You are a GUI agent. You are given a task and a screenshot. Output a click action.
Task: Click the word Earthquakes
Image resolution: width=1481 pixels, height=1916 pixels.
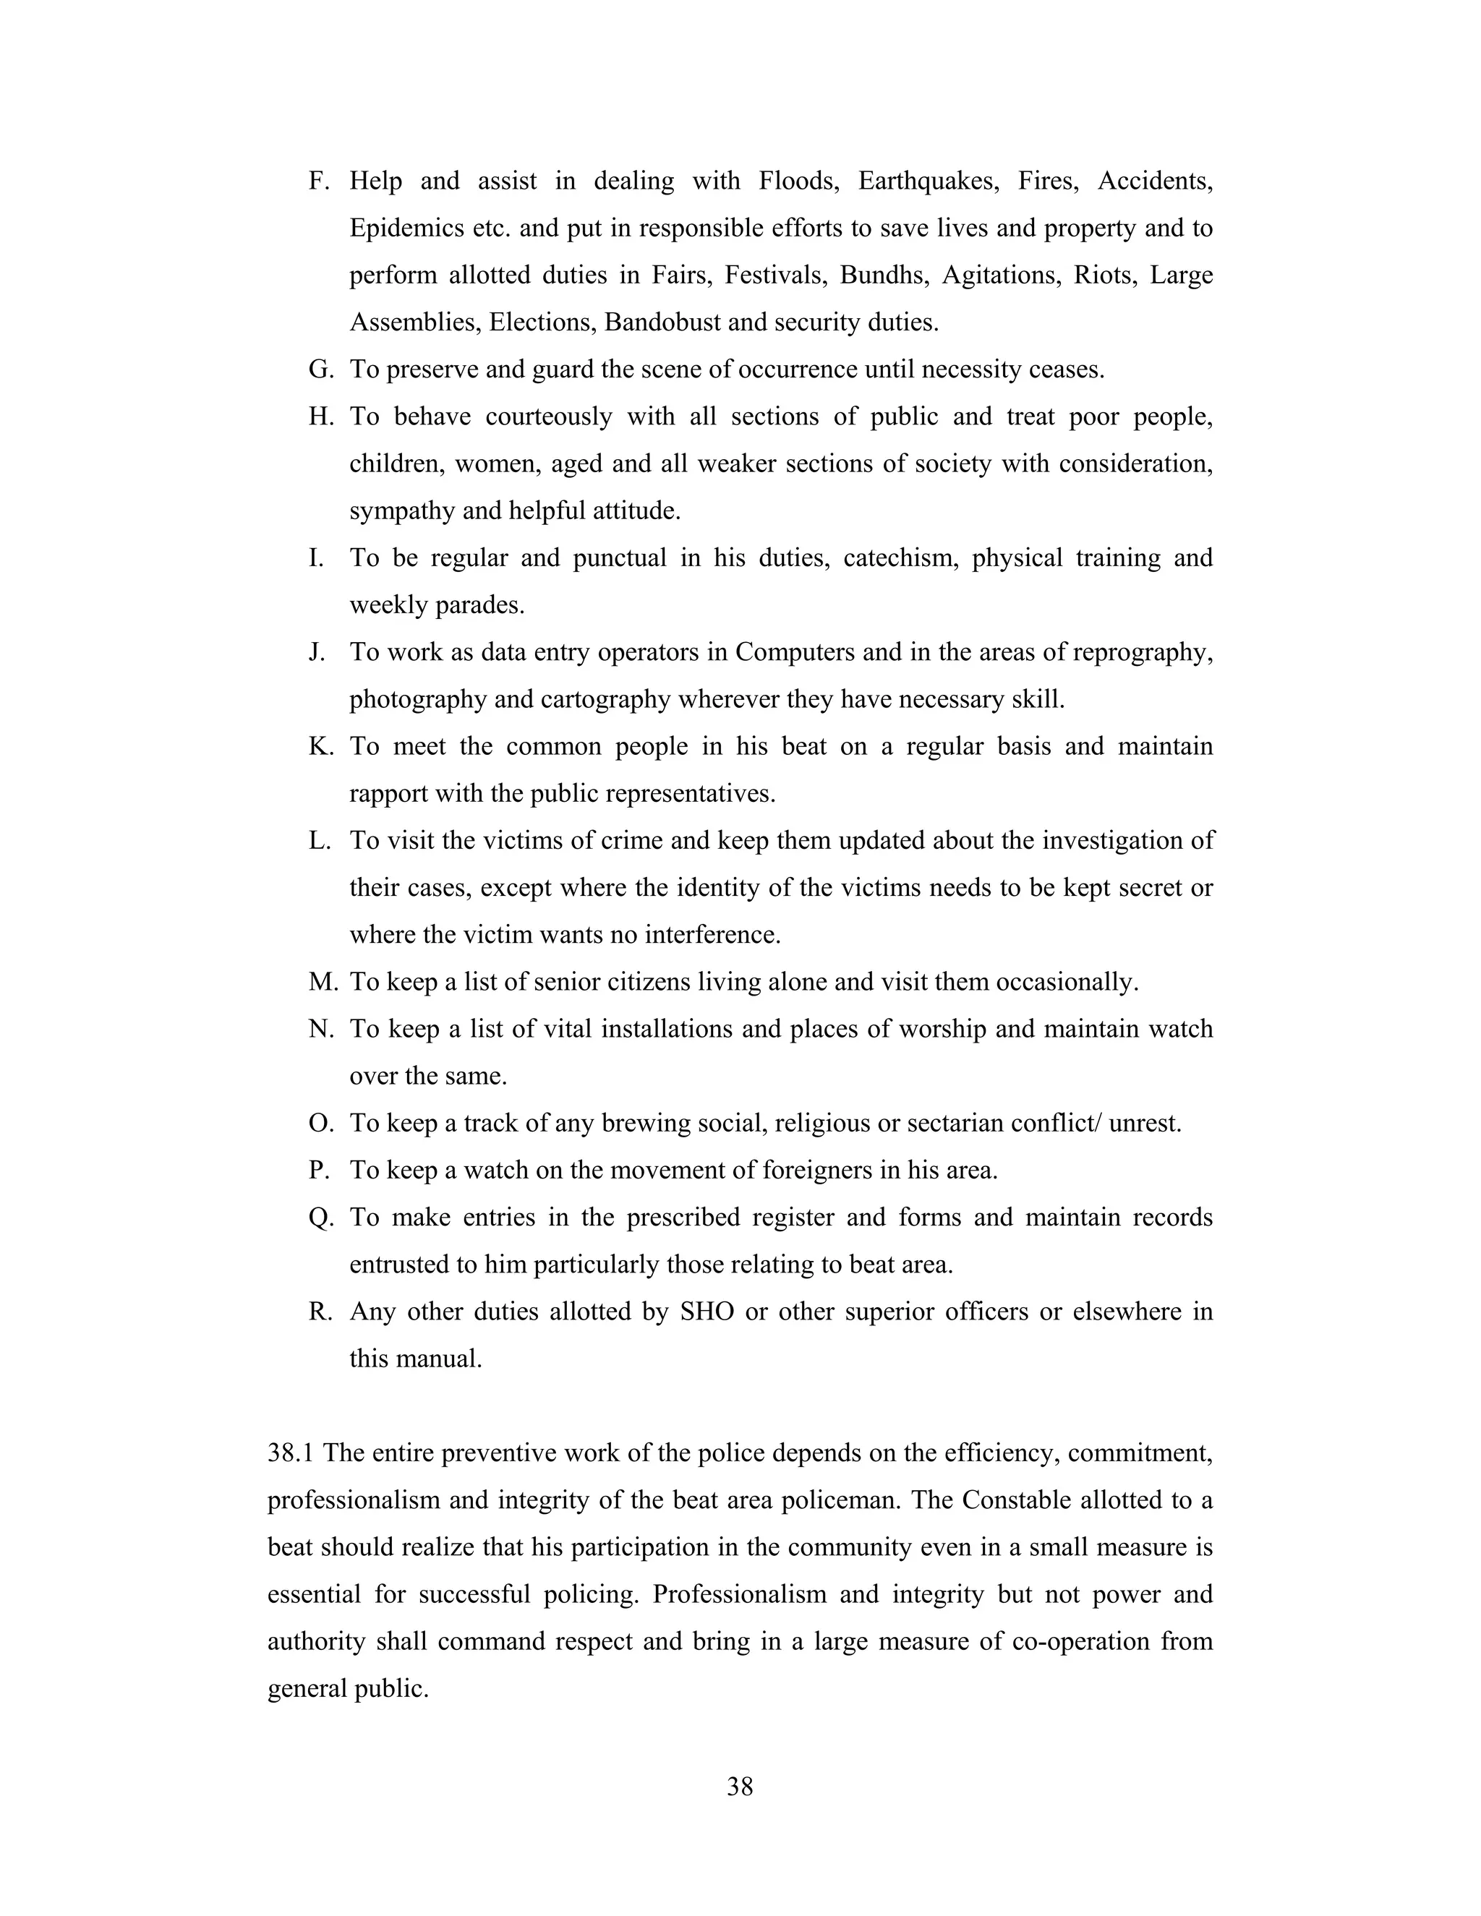[929, 181]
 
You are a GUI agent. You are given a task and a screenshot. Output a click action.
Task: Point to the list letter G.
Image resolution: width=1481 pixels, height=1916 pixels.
[320, 369]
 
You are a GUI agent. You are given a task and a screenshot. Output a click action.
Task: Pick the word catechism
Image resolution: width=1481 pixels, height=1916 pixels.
[900, 558]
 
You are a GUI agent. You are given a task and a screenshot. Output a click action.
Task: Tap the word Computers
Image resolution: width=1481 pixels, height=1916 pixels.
[795, 653]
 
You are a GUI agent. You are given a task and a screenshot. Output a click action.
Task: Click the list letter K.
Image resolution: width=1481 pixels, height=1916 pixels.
[320, 747]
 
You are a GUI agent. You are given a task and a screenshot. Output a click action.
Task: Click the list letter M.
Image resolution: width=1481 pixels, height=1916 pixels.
[321, 983]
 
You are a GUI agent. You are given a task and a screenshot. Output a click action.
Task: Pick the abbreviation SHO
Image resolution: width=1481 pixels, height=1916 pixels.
[707, 1312]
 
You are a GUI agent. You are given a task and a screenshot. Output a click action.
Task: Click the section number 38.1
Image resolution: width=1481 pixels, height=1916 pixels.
[291, 1454]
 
